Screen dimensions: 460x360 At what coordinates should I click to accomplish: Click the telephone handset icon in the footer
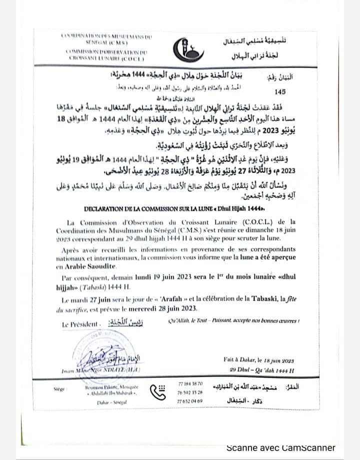click(x=161, y=392)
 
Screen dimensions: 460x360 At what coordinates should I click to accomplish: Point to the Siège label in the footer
click(x=59, y=388)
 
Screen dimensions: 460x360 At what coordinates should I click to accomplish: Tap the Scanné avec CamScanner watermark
click(x=281, y=447)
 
